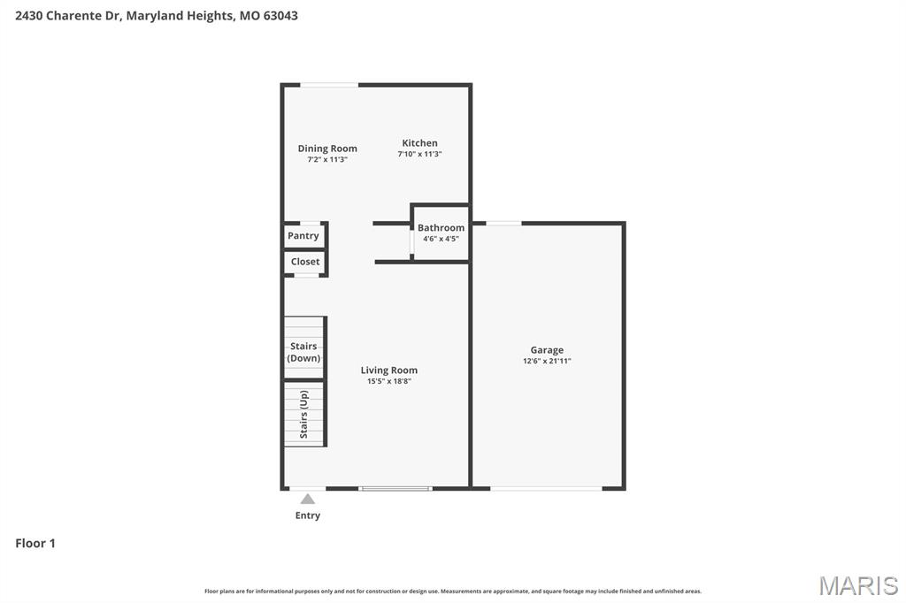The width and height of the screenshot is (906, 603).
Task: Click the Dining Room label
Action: (x=327, y=149)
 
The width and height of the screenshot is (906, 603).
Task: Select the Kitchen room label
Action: (x=419, y=143)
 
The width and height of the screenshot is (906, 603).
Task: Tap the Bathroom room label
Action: (x=441, y=228)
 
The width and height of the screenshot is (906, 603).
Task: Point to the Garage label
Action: (x=547, y=350)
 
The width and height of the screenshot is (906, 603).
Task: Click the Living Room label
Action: (x=389, y=370)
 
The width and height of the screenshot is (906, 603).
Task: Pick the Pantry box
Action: (x=303, y=236)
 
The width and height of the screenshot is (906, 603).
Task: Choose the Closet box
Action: (x=305, y=262)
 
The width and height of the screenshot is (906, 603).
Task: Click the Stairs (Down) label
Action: (x=303, y=352)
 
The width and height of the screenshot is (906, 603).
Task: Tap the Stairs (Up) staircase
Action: (x=304, y=414)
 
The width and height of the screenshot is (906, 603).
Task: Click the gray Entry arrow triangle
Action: (x=307, y=500)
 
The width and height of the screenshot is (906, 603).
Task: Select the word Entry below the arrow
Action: (x=308, y=515)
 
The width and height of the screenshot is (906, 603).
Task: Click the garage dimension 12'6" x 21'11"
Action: (x=547, y=362)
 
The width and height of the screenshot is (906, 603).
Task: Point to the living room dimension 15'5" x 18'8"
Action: (x=389, y=382)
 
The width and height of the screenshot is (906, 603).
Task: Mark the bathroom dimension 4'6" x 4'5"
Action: (x=441, y=239)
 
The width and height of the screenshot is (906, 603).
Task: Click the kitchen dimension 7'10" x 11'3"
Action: (x=419, y=155)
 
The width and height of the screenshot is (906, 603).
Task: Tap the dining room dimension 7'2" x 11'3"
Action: (x=327, y=160)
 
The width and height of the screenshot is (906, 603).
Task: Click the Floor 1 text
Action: (x=35, y=544)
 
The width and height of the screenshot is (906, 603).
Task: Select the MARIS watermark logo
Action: (x=858, y=585)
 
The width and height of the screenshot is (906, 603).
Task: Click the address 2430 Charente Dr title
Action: (x=157, y=15)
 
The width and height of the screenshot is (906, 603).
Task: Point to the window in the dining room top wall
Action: (x=329, y=85)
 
